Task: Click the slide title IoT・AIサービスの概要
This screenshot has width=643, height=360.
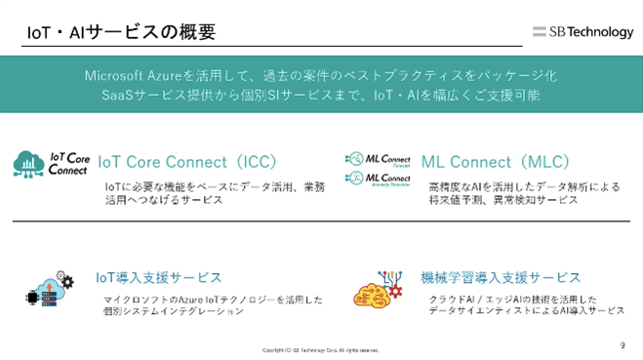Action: coord(121,31)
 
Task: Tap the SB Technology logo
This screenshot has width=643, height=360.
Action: coord(583,32)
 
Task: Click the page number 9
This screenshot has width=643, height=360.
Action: coord(623,344)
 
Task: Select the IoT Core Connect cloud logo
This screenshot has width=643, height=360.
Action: coord(50,162)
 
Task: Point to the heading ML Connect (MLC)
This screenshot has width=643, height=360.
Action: coord(495,161)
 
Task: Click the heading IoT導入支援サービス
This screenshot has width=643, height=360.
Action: coord(158,278)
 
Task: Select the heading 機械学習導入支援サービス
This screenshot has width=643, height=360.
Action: coord(501,278)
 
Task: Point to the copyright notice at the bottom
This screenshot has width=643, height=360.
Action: coord(321,349)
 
